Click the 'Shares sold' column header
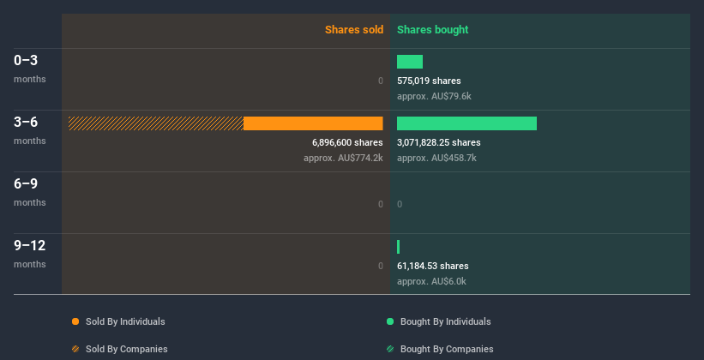pos(353,30)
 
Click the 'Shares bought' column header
pos(432,30)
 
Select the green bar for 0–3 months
pos(410,62)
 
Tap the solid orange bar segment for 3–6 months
pos(313,123)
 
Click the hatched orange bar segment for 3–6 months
pos(156,123)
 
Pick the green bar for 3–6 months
pos(466,123)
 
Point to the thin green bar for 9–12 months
pos(399,247)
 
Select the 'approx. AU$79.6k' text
pos(434,96)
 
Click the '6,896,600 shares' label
pos(347,142)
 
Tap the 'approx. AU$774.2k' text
pos(343,158)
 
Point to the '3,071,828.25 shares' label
pos(439,142)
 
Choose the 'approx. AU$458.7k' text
pos(436,158)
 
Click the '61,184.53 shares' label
pos(433,266)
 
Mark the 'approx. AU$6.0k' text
pos(431,281)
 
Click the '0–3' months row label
pos(26,61)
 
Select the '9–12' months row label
pos(29,246)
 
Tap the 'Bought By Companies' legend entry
pos(446,349)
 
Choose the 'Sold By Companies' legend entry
pos(126,349)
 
